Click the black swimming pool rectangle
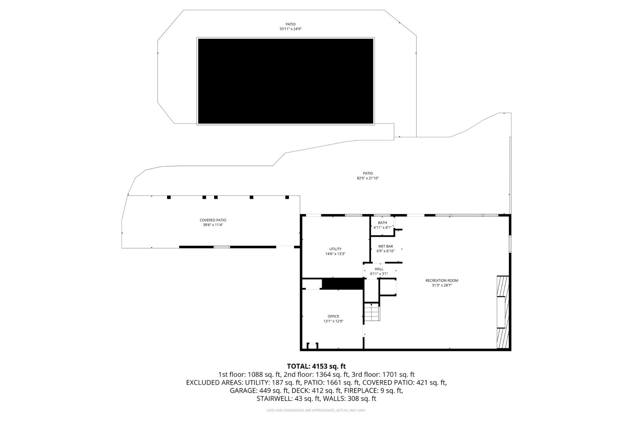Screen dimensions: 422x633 (286, 81)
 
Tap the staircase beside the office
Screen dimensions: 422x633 (372, 312)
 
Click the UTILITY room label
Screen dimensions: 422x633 (335, 249)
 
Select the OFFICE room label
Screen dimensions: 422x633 (333, 316)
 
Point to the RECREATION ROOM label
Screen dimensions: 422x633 (442, 280)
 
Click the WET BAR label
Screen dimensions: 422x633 (385, 246)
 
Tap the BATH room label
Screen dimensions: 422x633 (382, 223)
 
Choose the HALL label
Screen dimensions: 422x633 (379, 269)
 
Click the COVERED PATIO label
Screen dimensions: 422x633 (213, 220)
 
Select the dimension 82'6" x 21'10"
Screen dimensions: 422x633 (368, 178)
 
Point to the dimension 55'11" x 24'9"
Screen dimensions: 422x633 (290, 29)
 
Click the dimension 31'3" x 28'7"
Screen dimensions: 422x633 (442, 286)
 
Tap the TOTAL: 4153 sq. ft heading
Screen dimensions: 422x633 (316, 366)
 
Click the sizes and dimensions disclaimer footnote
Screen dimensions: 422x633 (316, 410)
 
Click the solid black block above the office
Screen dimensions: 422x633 (342, 284)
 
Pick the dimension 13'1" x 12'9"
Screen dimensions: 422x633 (333, 321)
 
